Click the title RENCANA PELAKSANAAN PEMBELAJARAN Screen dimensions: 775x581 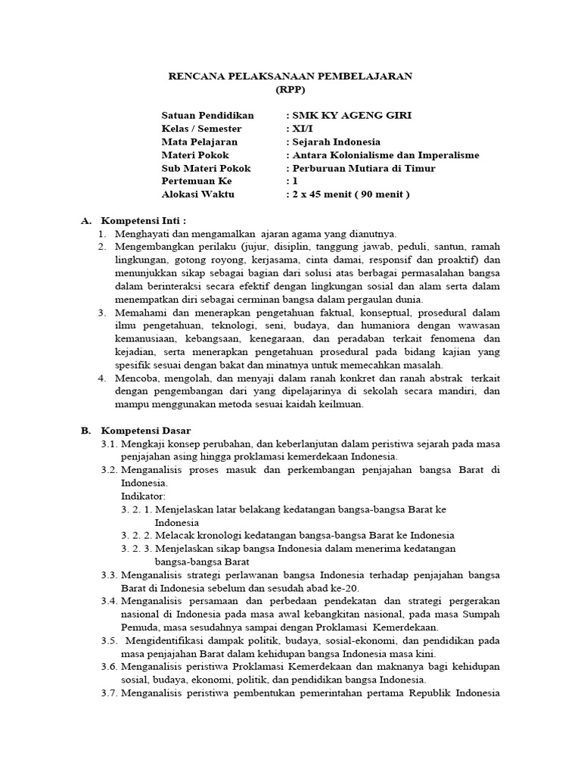(x=290, y=76)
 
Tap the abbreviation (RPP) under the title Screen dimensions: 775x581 (x=290, y=89)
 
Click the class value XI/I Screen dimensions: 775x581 (x=301, y=129)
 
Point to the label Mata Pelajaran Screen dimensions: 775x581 (x=199, y=142)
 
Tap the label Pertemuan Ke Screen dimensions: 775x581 (x=197, y=181)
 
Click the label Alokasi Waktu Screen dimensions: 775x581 (x=198, y=194)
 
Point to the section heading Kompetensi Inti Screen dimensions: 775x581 (x=143, y=220)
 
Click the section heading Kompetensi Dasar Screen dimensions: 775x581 (x=146, y=430)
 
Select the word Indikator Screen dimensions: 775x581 (x=143, y=496)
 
